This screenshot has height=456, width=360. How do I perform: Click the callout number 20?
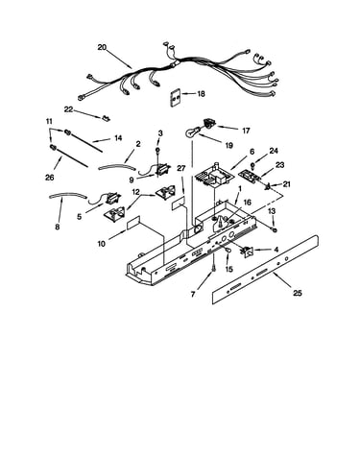pos(102,47)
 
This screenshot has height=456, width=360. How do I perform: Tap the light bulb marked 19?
pos(192,132)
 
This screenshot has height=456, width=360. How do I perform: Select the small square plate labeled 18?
pos(176,98)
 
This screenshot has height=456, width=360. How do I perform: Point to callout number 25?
pos(298,293)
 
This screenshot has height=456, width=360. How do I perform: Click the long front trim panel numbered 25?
pos(265,269)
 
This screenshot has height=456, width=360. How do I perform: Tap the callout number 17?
pos(246,131)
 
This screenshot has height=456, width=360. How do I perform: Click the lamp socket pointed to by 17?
pos(209,123)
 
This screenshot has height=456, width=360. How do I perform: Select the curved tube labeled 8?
pos(68,195)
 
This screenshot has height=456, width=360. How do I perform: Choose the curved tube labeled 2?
pos(117,166)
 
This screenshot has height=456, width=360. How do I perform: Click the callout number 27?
pos(181,169)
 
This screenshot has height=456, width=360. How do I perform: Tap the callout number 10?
pos(101,244)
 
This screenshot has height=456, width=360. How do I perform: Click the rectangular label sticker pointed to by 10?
pos(133,223)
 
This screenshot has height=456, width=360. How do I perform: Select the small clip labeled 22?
pos(106,118)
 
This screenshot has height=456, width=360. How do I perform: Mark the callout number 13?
pos(272,211)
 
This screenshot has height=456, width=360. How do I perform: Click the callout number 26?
pos(50,178)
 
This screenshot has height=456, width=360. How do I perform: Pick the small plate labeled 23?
pos(249,176)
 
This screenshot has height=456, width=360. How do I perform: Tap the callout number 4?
pos(276,250)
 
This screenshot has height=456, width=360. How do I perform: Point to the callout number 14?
pos(118,138)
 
